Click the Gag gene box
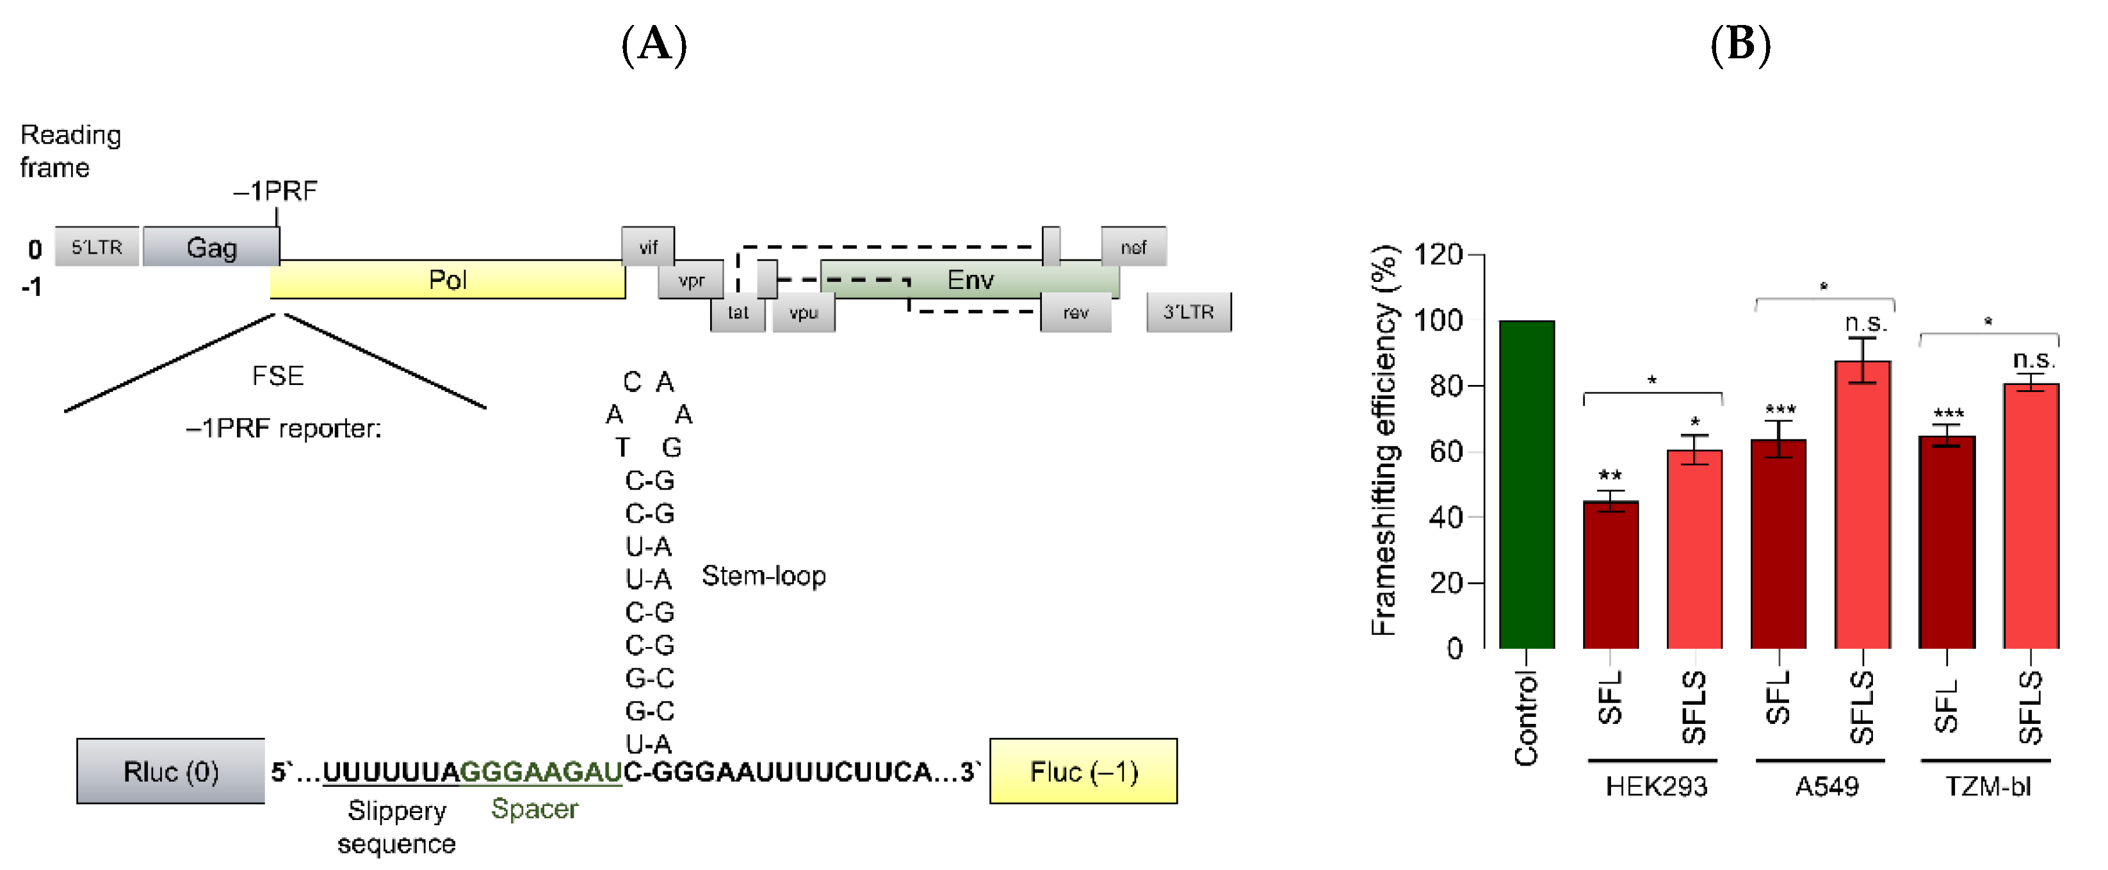click(211, 247)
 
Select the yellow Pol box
click(448, 281)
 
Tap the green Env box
click(969, 280)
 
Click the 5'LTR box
click(97, 247)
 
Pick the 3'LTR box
click(1188, 312)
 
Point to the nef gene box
click(1133, 247)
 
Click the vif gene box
click(647, 247)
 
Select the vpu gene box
click(803, 313)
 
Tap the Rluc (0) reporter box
click(170, 771)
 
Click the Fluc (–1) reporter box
click(1083, 771)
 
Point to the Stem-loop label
click(763, 575)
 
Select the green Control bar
click(1526, 484)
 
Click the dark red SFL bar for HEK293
click(1610, 575)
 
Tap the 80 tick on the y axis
click(1446, 386)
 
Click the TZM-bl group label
click(1987, 787)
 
